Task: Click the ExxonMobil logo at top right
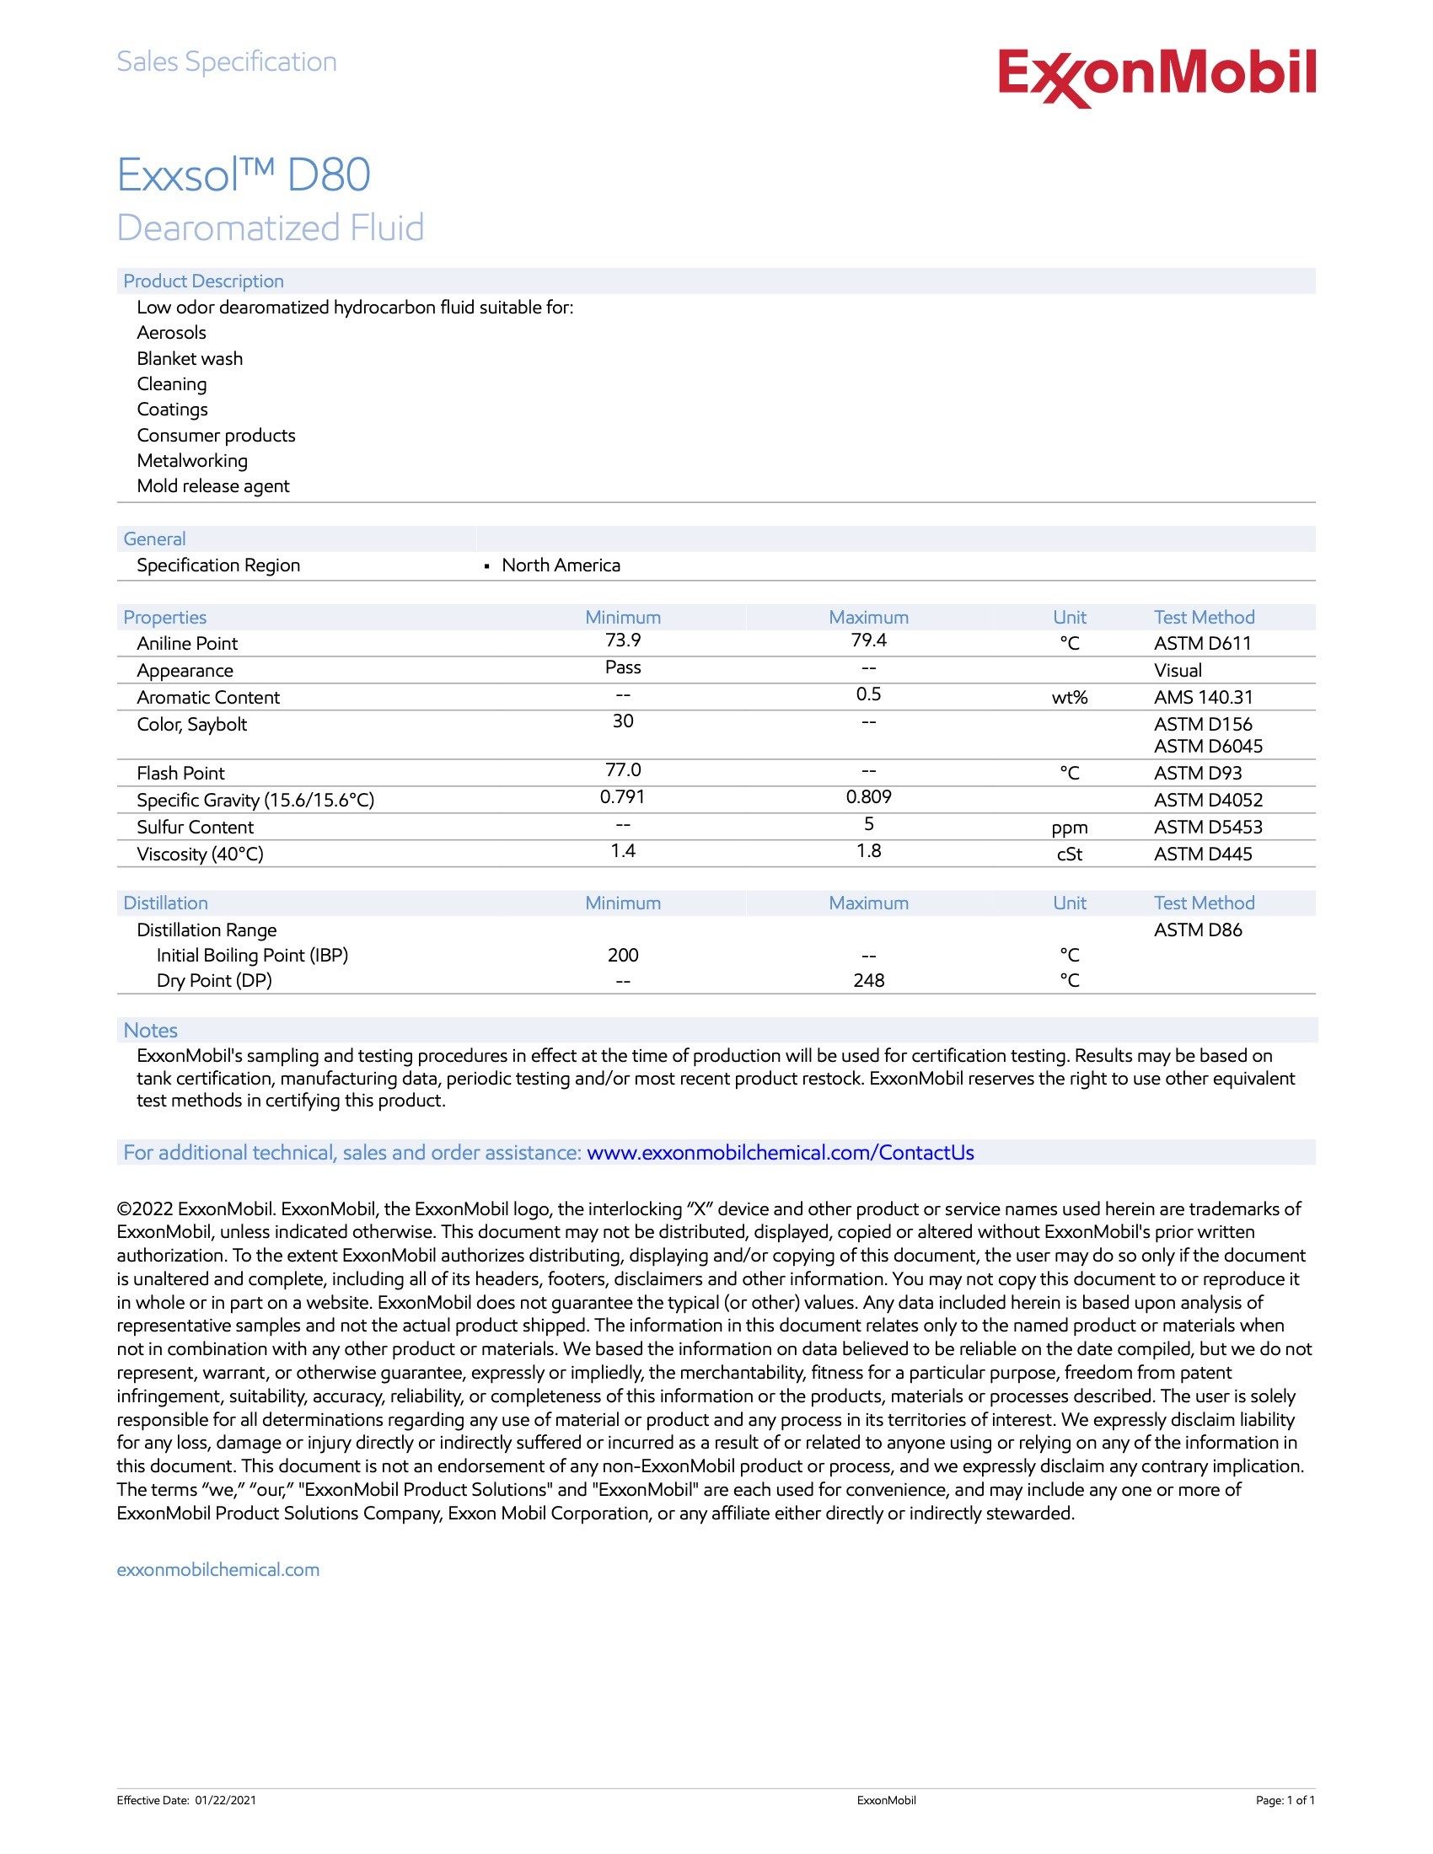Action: [x=1157, y=77]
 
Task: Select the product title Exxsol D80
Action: [x=244, y=175]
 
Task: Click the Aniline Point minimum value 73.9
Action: [x=622, y=641]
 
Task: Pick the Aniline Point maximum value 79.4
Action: [x=868, y=641]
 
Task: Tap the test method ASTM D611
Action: [x=1202, y=644]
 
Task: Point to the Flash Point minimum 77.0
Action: [x=622, y=770]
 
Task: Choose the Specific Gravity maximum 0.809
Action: [x=868, y=797]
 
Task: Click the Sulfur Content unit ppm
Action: [x=1069, y=828]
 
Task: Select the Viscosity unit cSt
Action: [x=1069, y=855]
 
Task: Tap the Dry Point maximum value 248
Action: [x=868, y=980]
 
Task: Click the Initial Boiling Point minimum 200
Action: [x=622, y=955]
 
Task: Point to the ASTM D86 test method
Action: [x=1197, y=930]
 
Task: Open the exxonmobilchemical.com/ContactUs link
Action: [x=780, y=1153]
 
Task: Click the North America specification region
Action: [x=561, y=565]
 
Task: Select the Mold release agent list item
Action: [x=213, y=486]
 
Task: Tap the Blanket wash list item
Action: [x=190, y=359]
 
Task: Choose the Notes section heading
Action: [x=150, y=1031]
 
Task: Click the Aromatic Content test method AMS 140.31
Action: [x=1203, y=698]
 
